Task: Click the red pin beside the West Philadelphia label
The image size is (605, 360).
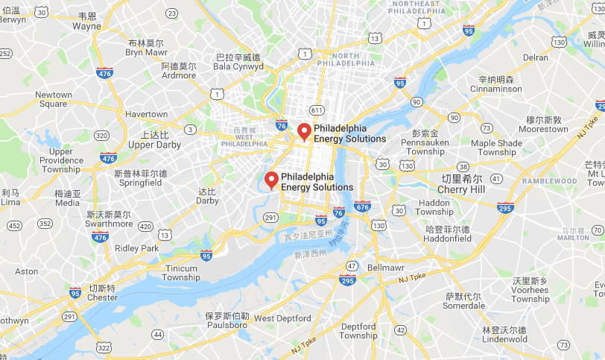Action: click(x=303, y=132)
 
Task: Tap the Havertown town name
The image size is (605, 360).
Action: click(x=147, y=114)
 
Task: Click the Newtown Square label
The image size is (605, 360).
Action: click(x=54, y=99)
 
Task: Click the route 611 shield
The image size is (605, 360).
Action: click(x=317, y=110)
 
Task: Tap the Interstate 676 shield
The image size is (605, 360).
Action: click(x=362, y=206)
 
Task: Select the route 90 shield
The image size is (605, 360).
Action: click(x=416, y=101)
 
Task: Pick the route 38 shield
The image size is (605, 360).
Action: click(x=463, y=167)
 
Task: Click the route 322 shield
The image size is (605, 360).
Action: click(x=104, y=348)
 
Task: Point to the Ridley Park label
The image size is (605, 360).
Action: click(x=137, y=248)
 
